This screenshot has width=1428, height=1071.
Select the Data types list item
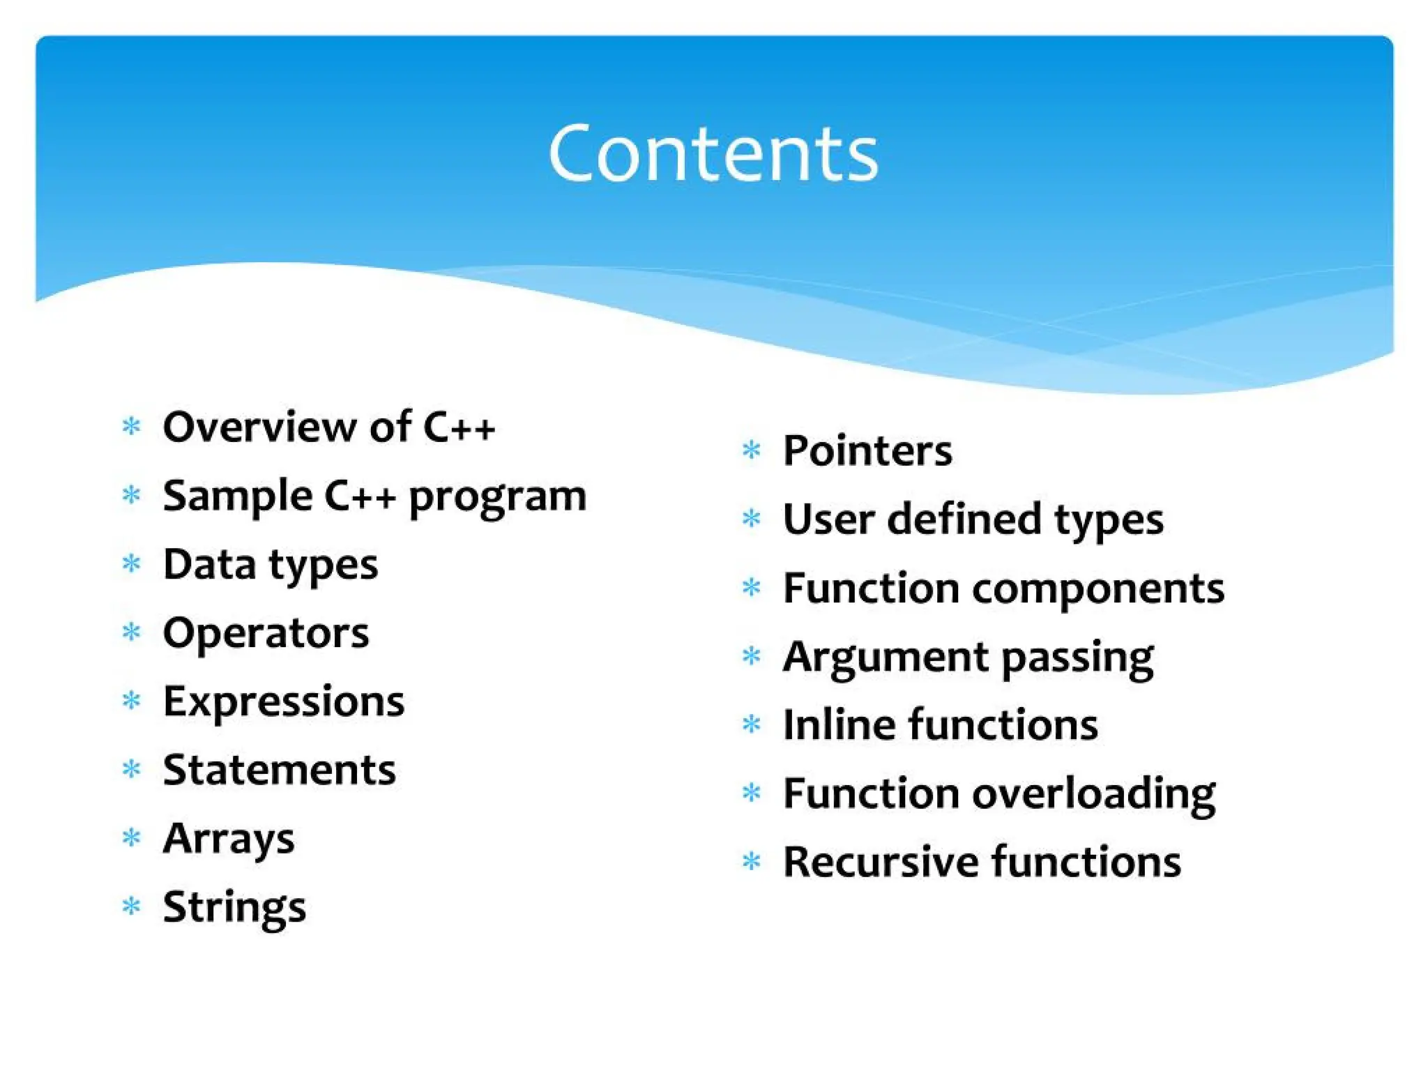tap(270, 564)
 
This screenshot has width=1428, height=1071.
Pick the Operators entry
tap(266, 633)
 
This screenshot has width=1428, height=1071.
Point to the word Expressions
tap(283, 701)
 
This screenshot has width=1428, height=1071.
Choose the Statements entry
tap(279, 770)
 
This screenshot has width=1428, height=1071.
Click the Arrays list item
tap(228, 839)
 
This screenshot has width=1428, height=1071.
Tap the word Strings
tap(234, 907)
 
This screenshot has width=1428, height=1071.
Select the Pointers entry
tap(867, 450)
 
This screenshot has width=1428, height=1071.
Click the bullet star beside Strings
tap(131, 906)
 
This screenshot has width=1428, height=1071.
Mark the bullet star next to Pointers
tap(751, 450)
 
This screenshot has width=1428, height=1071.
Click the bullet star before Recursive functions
tap(751, 862)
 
